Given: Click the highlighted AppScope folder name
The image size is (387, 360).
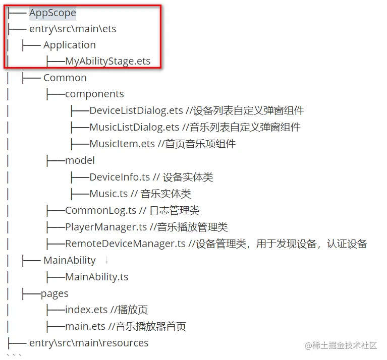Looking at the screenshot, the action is (52, 12).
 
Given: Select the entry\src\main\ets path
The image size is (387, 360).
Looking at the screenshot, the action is (73, 29).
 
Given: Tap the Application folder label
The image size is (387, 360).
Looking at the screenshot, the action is (69, 45).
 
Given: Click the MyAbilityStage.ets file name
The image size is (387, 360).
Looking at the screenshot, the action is (107, 62).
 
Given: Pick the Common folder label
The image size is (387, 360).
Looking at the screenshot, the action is (65, 78).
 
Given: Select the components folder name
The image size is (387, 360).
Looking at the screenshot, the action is (94, 94).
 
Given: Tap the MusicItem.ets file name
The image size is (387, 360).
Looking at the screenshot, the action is (122, 144).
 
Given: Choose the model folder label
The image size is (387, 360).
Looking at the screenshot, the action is (80, 160).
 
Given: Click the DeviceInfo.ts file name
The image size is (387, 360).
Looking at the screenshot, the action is (120, 177).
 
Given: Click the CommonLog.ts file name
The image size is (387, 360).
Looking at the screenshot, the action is (101, 210).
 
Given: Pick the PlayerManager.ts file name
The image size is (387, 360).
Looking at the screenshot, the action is (106, 227).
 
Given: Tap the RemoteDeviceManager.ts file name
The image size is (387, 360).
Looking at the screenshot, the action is (125, 244).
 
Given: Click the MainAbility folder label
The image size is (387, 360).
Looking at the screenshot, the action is (69, 260).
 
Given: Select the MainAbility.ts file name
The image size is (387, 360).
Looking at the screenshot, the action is (96, 277).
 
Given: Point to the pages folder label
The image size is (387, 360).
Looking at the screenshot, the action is (54, 293).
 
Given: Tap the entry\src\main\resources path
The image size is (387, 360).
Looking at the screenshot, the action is (89, 343).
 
